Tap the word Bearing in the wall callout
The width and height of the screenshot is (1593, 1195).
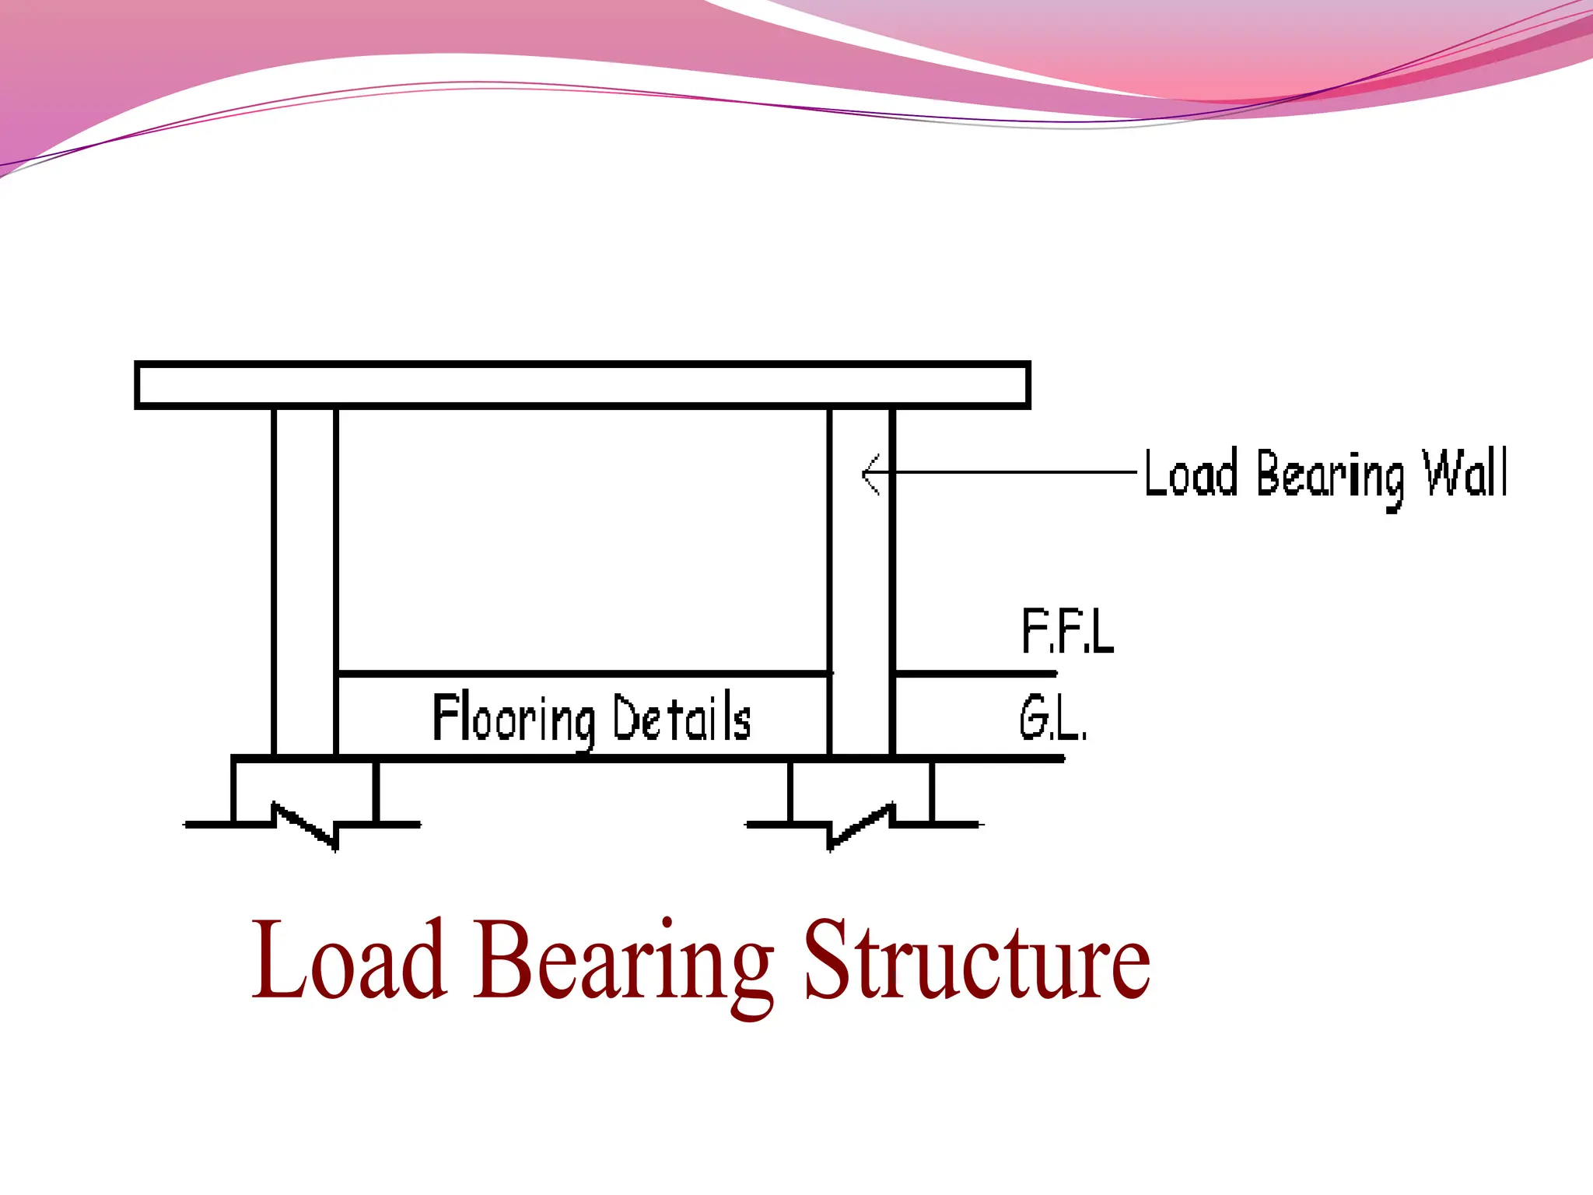pyautogui.click(x=1330, y=476)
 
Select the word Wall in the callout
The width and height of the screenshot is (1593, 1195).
pyautogui.click(x=1465, y=473)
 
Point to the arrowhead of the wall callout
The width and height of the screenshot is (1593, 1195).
pyautogui.click(x=869, y=473)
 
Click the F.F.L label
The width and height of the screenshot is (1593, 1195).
pyautogui.click(x=1067, y=631)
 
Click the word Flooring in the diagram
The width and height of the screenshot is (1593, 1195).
pyautogui.click(x=513, y=718)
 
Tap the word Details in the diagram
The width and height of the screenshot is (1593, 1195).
pyautogui.click(x=681, y=717)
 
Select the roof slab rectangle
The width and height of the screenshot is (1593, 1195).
pyautogui.click(x=583, y=384)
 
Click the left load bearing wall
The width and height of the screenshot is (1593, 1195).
pyautogui.click(x=305, y=580)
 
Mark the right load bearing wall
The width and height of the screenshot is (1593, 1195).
pyautogui.click(x=861, y=580)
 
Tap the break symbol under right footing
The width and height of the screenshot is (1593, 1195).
pyautogui.click(x=860, y=826)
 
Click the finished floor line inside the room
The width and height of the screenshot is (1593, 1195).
pyautogui.click(x=583, y=673)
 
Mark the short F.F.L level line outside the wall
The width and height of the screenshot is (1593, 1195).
pyautogui.click(x=976, y=673)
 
